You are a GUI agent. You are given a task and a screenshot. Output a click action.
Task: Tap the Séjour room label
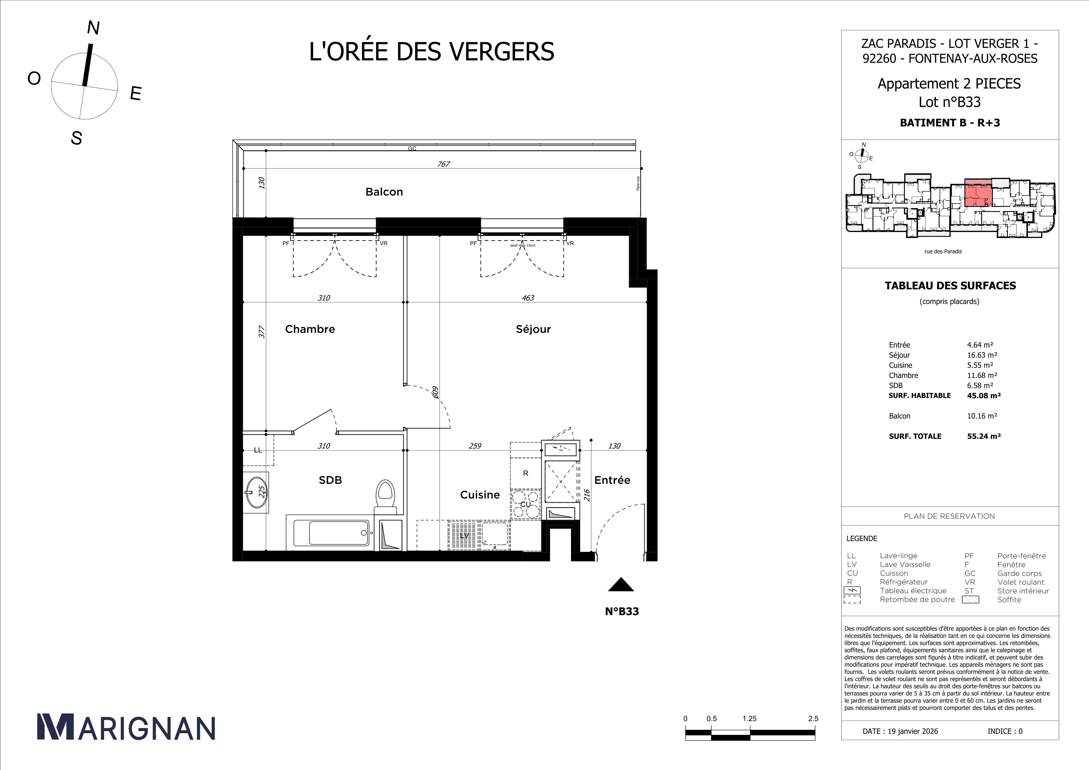pyautogui.click(x=533, y=329)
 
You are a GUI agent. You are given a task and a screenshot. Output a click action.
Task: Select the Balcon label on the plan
pyautogui.click(x=384, y=192)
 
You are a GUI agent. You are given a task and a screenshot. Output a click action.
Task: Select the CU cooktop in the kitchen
pyautogui.click(x=525, y=504)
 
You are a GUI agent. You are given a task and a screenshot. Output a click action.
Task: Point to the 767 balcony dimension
pyautogui.click(x=443, y=164)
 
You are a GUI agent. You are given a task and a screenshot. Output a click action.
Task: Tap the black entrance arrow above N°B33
pyautogui.click(x=621, y=585)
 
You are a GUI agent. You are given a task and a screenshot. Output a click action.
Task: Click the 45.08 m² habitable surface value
pyautogui.click(x=984, y=395)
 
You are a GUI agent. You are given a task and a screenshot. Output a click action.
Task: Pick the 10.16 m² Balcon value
pyautogui.click(x=982, y=416)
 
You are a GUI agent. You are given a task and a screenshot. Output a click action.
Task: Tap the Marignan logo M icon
pyautogui.click(x=55, y=726)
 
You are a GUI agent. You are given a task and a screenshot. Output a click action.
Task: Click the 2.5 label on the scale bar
pyautogui.click(x=813, y=718)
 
